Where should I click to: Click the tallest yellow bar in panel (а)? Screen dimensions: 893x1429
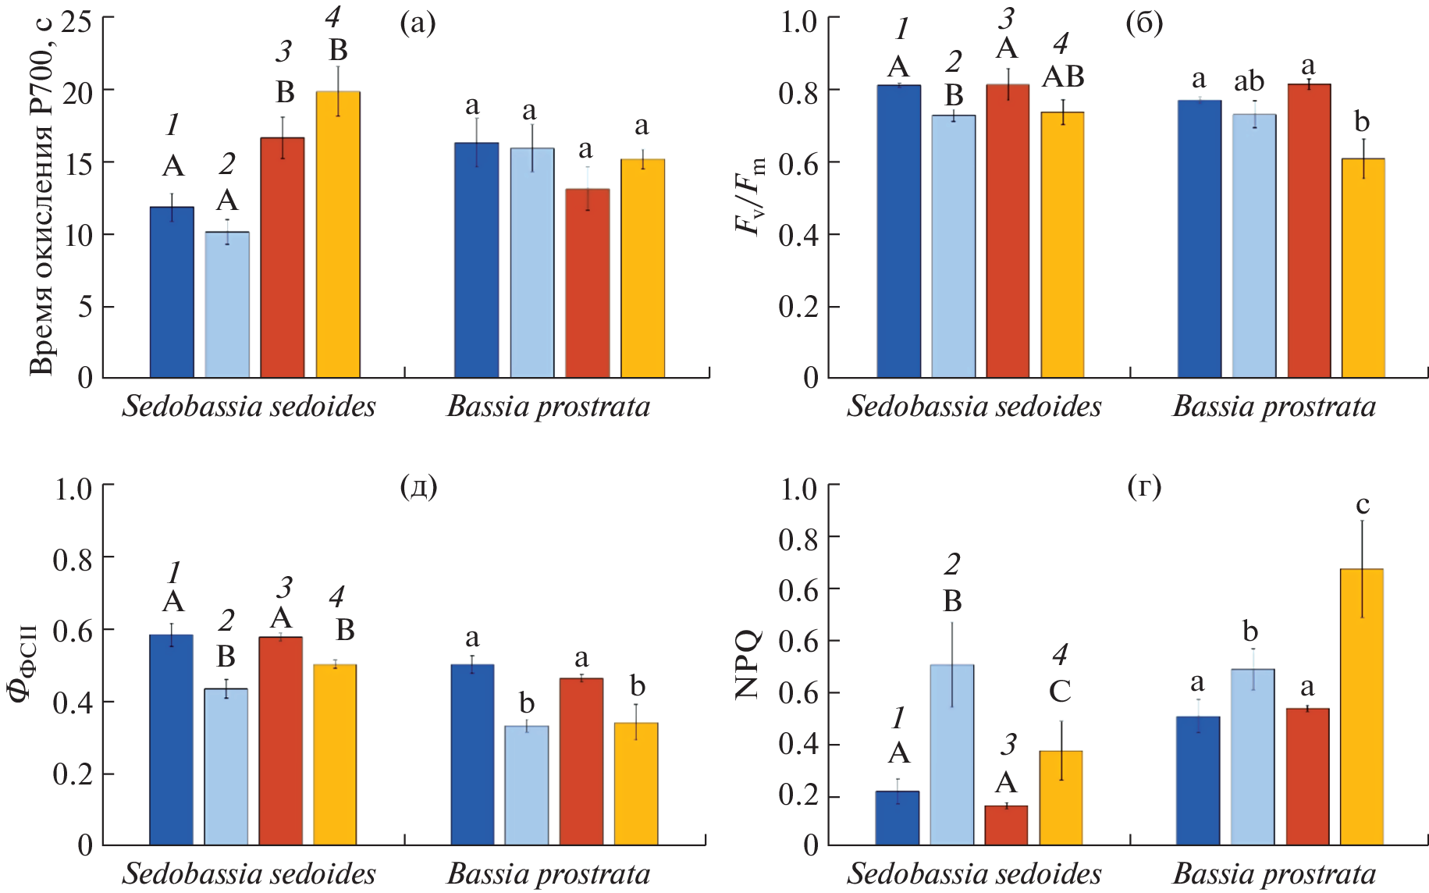point(338,234)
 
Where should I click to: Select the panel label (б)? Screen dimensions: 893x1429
point(1144,23)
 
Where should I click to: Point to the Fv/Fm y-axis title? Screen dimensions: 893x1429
point(750,195)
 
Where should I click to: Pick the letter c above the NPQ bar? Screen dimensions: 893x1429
point(1363,505)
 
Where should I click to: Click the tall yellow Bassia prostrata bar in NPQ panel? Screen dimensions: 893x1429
point(1362,706)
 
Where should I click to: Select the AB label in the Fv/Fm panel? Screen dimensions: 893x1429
point(1063,76)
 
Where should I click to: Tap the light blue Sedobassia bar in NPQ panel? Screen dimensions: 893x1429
point(952,754)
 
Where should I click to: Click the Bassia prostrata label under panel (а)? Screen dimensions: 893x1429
point(549,407)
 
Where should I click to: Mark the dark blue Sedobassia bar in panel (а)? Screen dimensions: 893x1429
point(172,293)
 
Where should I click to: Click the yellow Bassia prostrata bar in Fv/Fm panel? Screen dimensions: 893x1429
point(1363,269)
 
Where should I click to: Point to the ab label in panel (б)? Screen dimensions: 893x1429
point(1249,81)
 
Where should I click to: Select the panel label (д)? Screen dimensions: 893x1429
point(418,488)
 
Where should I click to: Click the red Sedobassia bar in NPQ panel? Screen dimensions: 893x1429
point(1006,825)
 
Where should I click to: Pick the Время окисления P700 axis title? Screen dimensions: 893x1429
point(43,195)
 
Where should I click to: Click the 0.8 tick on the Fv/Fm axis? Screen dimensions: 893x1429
point(798,92)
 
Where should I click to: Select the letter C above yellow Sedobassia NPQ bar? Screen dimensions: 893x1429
point(1060,692)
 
